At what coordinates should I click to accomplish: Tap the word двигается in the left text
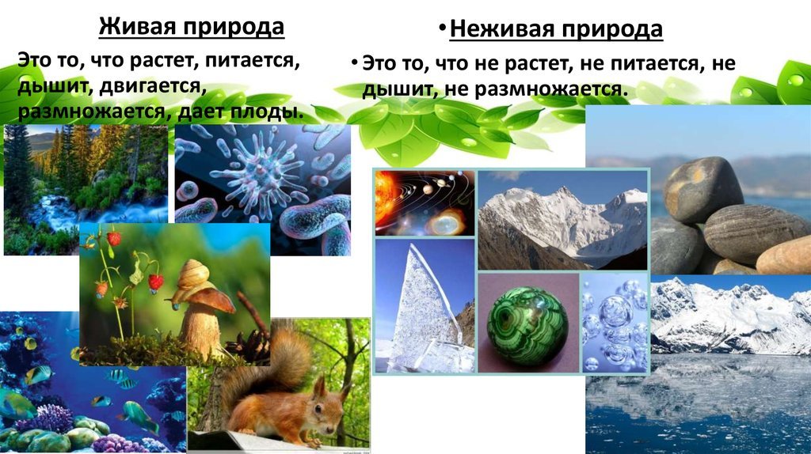(153, 86)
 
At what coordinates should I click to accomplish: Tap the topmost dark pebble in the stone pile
(703, 188)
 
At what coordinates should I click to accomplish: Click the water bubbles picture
(615, 323)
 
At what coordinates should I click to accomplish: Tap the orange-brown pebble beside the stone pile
(785, 256)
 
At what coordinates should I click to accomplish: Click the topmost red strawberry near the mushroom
(114, 239)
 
